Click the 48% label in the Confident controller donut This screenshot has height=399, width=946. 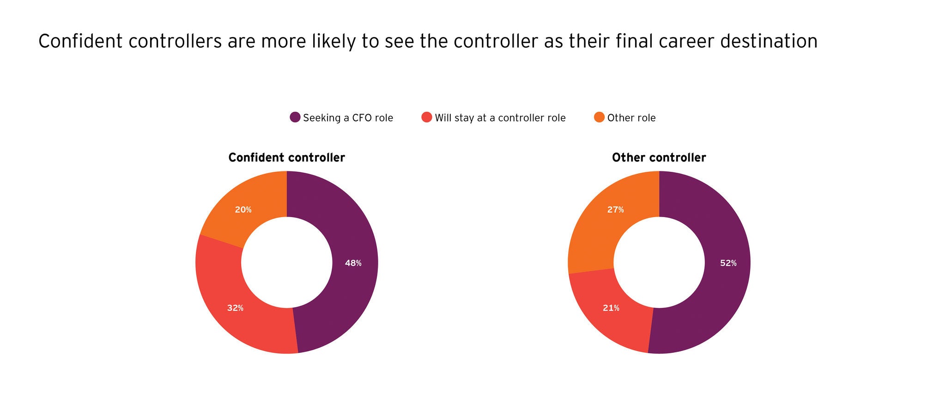(353, 263)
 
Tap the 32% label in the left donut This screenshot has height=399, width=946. (235, 308)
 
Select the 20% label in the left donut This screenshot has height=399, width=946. (243, 210)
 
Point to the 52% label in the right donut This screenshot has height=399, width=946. (728, 263)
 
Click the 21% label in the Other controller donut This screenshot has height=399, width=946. (611, 308)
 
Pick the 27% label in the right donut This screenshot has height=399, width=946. (615, 210)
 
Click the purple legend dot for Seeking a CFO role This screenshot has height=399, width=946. (295, 117)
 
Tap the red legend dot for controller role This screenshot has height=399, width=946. (427, 117)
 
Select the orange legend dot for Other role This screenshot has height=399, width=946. (599, 117)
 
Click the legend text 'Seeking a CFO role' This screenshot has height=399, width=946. (348, 118)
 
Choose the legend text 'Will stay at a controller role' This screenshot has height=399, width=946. (500, 118)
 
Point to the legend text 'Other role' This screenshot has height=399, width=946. (631, 118)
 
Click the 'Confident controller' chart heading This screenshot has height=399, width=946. (286, 158)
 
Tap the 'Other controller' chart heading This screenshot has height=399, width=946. (659, 158)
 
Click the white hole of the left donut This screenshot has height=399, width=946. (287, 262)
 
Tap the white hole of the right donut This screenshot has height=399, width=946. (659, 262)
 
